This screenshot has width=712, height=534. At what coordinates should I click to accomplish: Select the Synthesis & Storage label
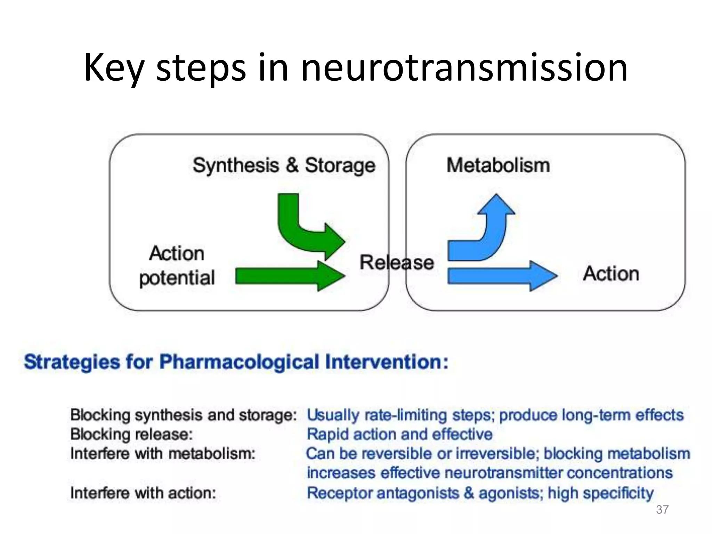point(284,165)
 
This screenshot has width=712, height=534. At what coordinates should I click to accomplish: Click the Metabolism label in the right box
point(498,165)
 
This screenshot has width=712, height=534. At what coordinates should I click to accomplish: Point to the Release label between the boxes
point(396,262)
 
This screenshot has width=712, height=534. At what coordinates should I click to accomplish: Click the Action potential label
point(177,266)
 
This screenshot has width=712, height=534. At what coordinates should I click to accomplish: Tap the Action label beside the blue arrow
point(611,274)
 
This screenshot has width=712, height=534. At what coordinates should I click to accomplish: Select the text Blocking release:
point(131,434)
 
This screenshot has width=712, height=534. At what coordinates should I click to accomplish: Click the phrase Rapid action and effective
point(399,434)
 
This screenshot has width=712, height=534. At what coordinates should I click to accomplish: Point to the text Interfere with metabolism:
point(163,454)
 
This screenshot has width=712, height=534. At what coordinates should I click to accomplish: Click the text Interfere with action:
point(143,493)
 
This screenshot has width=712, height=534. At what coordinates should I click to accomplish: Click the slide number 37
point(662,510)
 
